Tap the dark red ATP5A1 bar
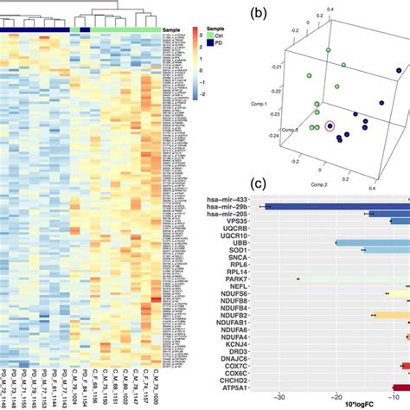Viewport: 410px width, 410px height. [401, 388]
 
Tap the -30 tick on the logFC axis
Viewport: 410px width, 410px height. [279, 398]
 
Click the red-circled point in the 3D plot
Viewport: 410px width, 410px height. [329, 129]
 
